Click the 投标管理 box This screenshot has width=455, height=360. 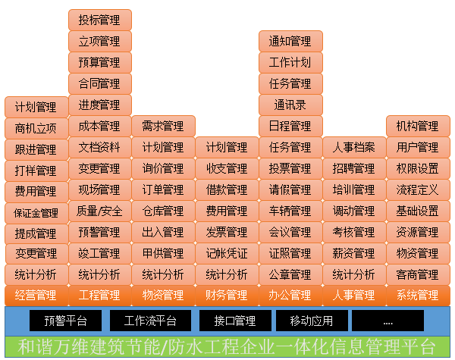pos(99,20)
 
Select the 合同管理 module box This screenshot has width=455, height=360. pos(99,83)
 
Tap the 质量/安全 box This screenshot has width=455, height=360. pos(99,211)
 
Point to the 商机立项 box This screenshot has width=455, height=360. pos(36,129)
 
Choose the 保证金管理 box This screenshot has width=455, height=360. pos(36,213)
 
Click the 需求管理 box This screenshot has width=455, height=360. pos(163,126)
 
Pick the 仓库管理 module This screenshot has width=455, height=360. pos(163,211)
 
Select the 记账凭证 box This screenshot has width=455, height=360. pos(227,253)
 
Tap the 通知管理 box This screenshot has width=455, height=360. pos(290,41)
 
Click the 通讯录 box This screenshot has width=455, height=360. pos(290,105)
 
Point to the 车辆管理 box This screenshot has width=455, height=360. pos(290,211)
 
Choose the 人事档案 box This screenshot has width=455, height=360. pos(354,147)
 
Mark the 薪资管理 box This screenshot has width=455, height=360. pos(354,253)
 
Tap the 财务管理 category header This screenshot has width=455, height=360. pos(227,295)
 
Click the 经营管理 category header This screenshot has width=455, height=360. pos(36,295)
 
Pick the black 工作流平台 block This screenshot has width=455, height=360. pos(149,321)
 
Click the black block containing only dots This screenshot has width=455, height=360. pos(388,321)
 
